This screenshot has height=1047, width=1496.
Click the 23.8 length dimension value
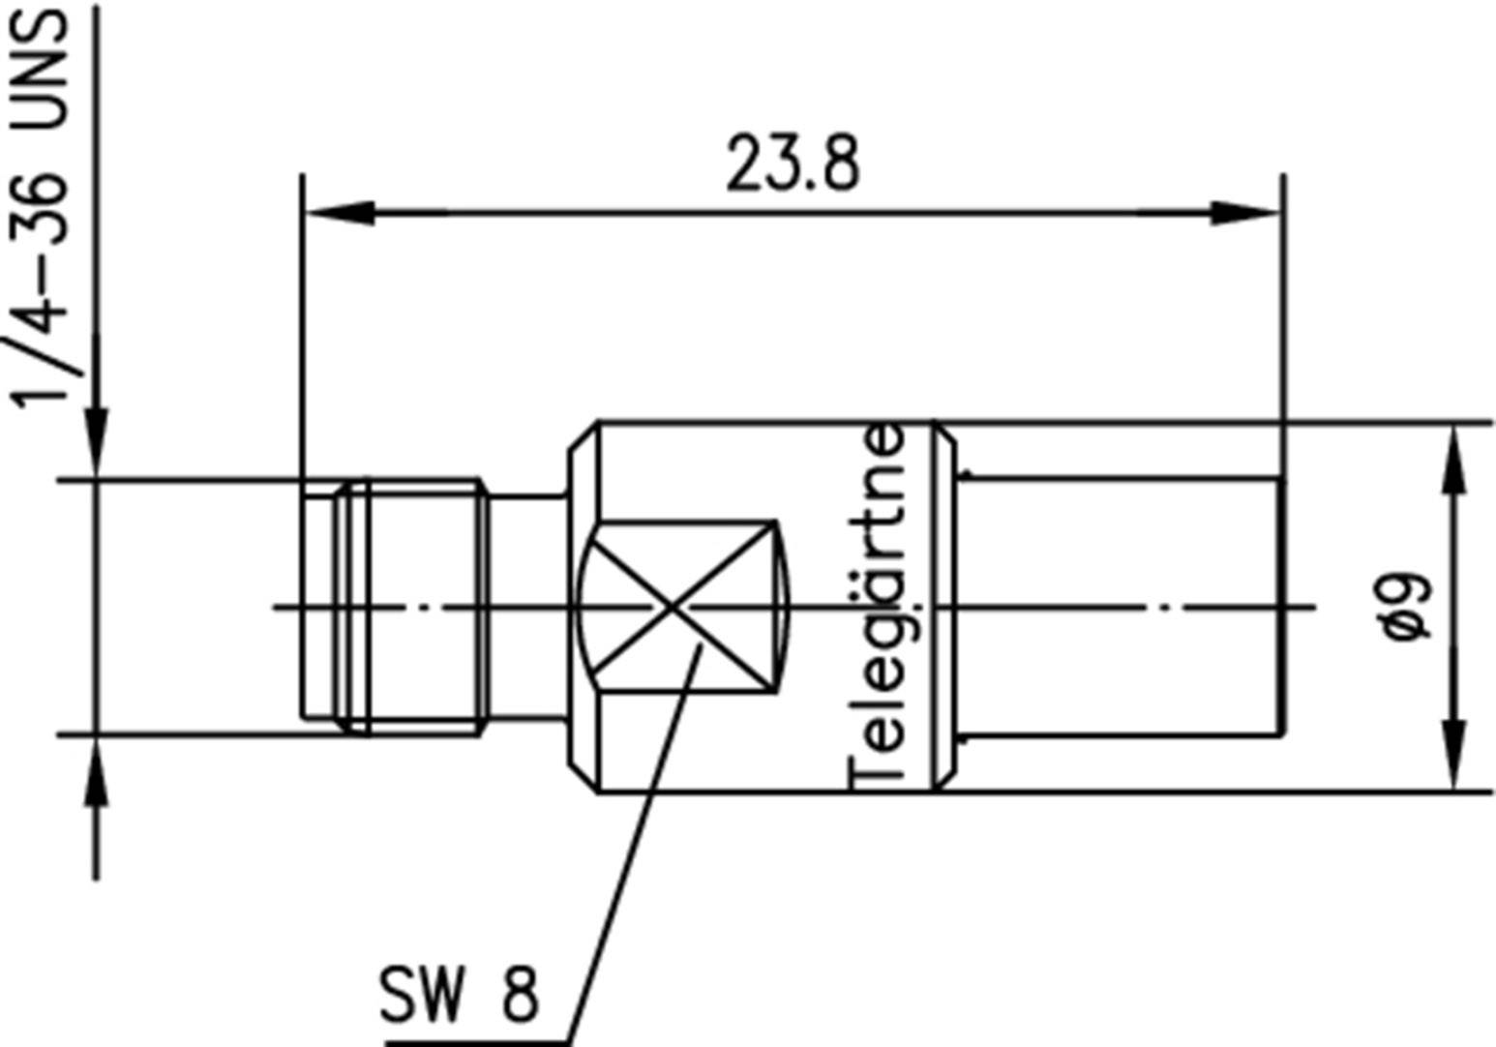click(792, 165)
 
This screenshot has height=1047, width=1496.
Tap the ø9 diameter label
click(1407, 607)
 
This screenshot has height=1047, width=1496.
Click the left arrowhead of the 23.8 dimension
click(339, 213)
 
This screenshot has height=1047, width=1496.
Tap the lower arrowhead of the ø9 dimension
click(1453, 756)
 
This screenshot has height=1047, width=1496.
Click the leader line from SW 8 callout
click(629, 842)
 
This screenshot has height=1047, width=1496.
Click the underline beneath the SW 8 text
click(474, 1042)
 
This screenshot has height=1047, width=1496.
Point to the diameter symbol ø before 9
click(1407, 627)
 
